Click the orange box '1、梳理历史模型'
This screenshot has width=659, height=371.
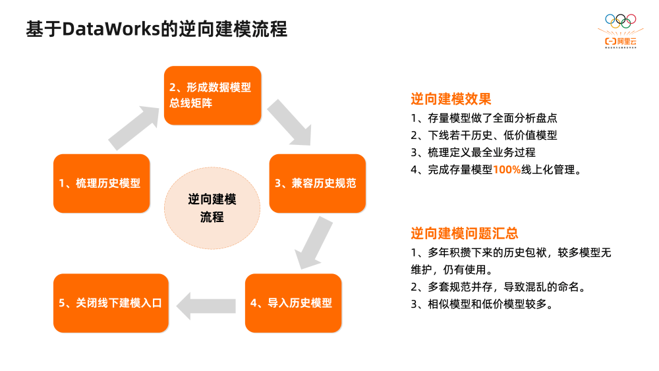(x=101, y=183)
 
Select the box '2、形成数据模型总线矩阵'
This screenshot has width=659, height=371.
(x=212, y=96)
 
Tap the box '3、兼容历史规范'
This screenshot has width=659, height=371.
(x=317, y=183)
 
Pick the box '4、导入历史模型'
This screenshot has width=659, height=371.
(x=293, y=303)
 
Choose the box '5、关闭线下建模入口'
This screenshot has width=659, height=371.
(x=110, y=303)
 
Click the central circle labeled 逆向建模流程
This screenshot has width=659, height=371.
(x=212, y=208)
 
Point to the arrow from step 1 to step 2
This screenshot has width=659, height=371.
(x=134, y=125)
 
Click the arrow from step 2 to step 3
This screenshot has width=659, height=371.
(x=290, y=123)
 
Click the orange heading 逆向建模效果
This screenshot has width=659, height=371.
(x=451, y=100)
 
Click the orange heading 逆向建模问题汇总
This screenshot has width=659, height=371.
(x=464, y=233)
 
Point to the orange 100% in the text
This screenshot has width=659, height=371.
(x=507, y=169)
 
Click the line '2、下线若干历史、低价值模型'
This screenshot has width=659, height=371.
(x=484, y=136)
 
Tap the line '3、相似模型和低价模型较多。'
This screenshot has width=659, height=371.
(x=481, y=304)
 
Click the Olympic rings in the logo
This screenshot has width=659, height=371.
(x=621, y=21)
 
